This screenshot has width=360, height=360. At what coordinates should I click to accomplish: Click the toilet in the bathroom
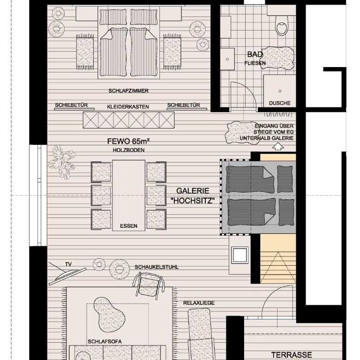point(282,25)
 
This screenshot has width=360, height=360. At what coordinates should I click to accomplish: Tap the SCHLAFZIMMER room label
point(128,91)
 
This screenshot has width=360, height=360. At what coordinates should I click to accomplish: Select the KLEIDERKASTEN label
point(128,107)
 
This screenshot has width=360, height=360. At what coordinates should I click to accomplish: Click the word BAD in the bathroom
point(255,54)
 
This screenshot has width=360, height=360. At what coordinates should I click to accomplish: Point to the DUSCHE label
point(280,103)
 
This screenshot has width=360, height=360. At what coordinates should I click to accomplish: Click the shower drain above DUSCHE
point(280,91)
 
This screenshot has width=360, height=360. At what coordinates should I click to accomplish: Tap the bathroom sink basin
point(227,59)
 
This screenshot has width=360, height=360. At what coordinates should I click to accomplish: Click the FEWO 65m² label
point(128,141)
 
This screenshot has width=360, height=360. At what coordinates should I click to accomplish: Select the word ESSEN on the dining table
point(128,226)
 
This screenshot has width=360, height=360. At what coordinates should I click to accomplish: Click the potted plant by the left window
point(61,162)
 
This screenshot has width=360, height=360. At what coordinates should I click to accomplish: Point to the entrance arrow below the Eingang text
point(278,146)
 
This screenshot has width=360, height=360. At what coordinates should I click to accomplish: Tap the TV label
point(68,264)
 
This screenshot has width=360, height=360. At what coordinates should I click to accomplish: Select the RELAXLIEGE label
point(199,303)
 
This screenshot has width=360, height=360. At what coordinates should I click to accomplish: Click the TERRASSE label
point(292,355)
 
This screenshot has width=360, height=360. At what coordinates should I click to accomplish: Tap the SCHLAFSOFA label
point(105,341)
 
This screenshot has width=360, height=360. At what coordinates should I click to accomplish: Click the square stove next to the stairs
point(240,255)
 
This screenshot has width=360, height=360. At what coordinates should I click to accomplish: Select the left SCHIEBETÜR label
point(71,105)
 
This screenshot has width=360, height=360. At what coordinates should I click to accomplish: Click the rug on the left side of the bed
point(85,52)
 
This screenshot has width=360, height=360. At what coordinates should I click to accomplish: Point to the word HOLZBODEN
point(128,150)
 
